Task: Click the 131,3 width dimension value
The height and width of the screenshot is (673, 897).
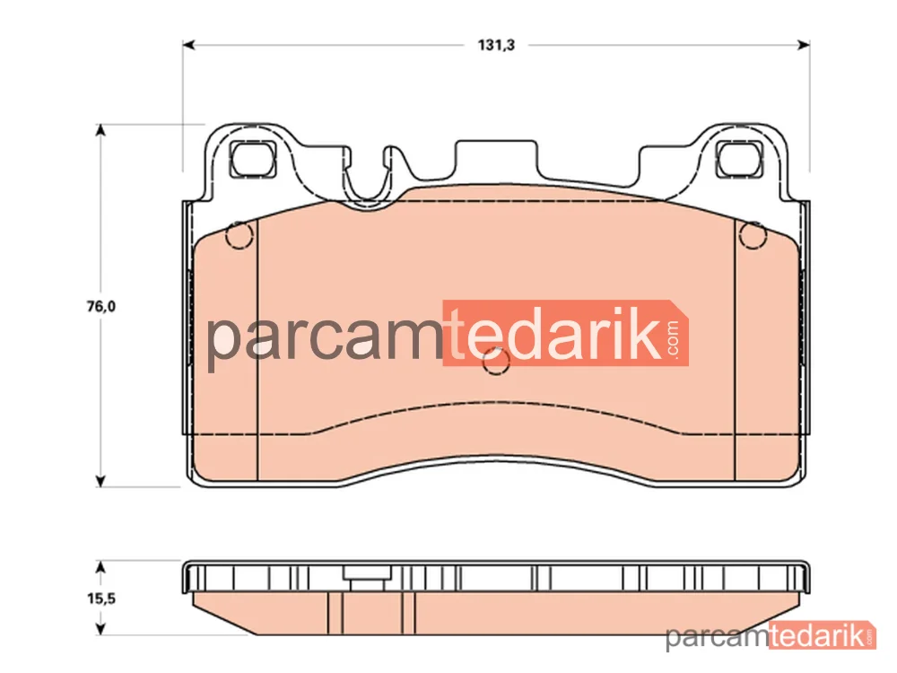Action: (x=496, y=45)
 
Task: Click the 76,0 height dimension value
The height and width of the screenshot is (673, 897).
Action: (x=100, y=306)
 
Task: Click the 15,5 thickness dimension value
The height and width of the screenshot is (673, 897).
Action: (x=101, y=599)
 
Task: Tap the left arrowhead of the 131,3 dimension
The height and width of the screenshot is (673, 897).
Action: (x=188, y=45)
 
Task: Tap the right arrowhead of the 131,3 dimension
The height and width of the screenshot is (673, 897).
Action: (x=803, y=45)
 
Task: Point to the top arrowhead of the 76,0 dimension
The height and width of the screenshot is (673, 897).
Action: (x=100, y=130)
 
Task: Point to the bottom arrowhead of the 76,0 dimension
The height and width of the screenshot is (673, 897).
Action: (x=100, y=481)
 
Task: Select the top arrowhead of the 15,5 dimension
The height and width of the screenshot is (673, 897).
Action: (x=100, y=567)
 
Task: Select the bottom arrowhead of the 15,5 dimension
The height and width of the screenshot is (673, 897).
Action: (x=100, y=628)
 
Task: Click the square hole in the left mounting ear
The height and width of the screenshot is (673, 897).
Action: (x=253, y=159)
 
